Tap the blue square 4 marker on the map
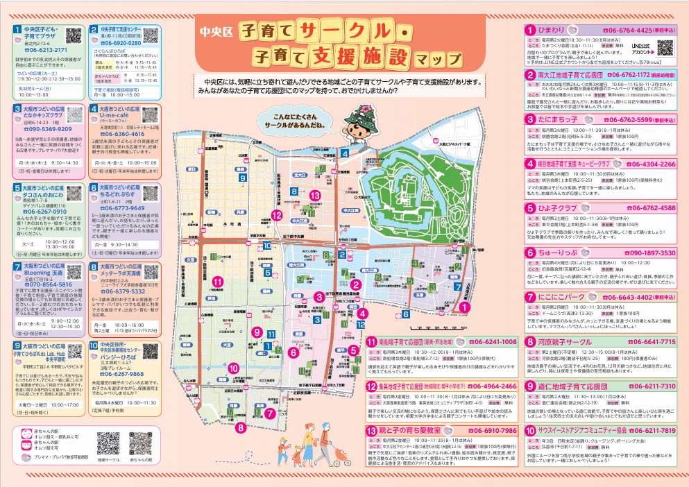tap(345, 154)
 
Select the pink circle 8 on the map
tap(241, 428)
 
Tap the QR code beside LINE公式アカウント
tap(665, 48)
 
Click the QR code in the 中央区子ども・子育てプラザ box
tap(74, 36)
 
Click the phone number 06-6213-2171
tap(46, 50)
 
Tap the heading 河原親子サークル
tap(572, 341)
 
